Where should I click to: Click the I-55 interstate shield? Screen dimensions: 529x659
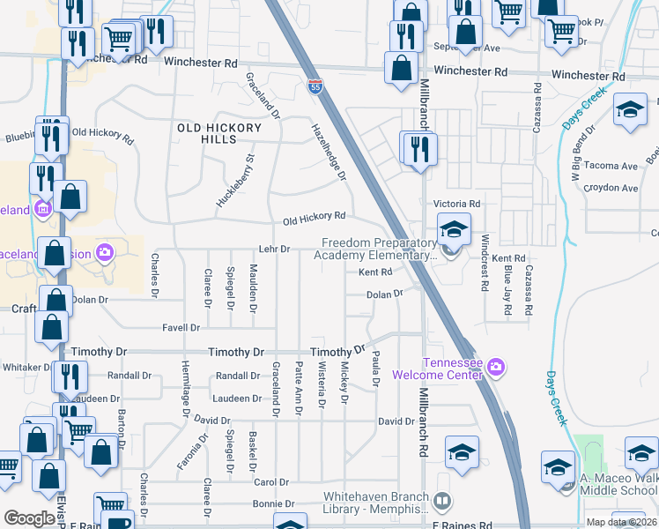click(315, 86)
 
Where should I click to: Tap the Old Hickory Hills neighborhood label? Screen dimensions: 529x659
click(219, 134)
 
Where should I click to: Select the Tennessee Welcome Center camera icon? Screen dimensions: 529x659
click(495, 366)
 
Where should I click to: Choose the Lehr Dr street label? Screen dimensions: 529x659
click(274, 250)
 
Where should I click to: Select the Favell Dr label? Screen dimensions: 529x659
click(181, 327)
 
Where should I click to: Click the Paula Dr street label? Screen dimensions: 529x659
click(375, 368)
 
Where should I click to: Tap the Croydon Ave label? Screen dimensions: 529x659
click(617, 188)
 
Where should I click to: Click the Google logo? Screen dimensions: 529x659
click(29, 518)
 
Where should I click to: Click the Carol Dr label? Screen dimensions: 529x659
click(271, 482)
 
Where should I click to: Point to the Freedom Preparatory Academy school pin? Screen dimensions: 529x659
click(453, 233)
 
